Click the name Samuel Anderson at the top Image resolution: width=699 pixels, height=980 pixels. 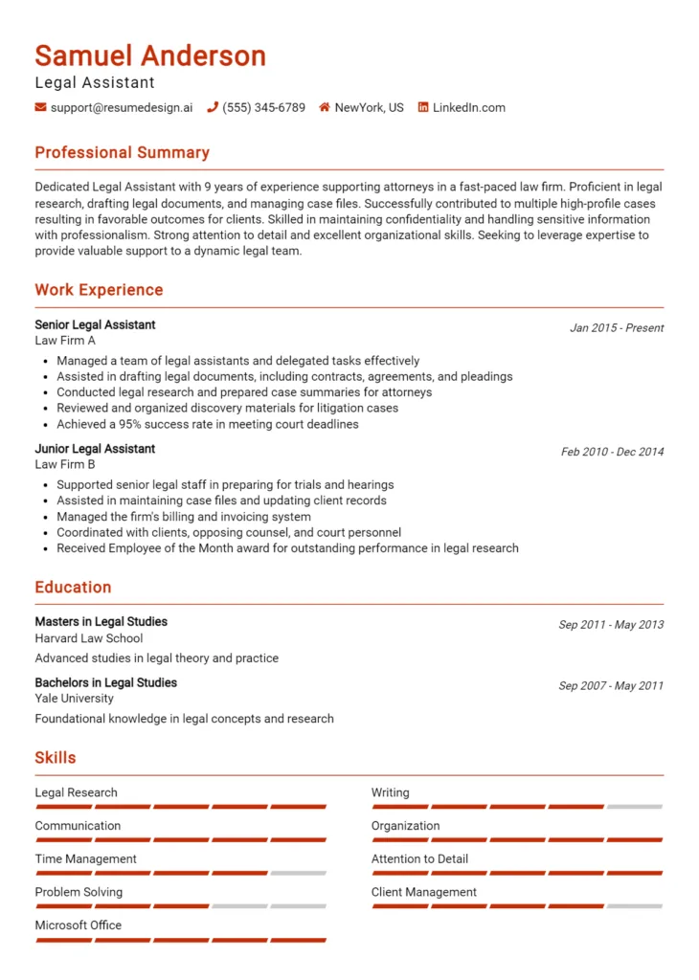pyautogui.click(x=150, y=56)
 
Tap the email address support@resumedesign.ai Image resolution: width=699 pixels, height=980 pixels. pyautogui.click(x=121, y=108)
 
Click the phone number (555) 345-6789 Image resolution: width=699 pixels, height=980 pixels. pyautogui.click(x=263, y=108)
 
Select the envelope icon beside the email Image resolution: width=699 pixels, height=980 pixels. pyautogui.click(x=40, y=108)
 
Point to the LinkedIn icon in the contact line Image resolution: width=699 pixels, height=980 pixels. pyautogui.click(x=423, y=108)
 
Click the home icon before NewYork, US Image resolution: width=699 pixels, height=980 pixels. pyautogui.click(x=325, y=108)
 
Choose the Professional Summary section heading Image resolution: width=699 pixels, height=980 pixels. pyautogui.click(x=122, y=153)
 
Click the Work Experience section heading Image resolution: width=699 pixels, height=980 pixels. pyautogui.click(x=99, y=290)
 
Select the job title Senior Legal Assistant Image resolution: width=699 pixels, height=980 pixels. pyautogui.click(x=95, y=325)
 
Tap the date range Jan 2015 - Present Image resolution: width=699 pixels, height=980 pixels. pyautogui.click(x=617, y=328)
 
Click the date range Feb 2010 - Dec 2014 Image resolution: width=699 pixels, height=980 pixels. pyautogui.click(x=612, y=452)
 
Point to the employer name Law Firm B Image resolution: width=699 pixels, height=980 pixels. pyautogui.click(x=65, y=465)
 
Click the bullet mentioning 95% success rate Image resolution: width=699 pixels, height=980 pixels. pyautogui.click(x=207, y=424)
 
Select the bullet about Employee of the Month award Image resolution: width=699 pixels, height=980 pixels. pyautogui.click(x=287, y=548)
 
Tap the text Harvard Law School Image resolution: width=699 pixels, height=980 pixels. pyautogui.click(x=89, y=638)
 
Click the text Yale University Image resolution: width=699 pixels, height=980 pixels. pyautogui.click(x=75, y=699)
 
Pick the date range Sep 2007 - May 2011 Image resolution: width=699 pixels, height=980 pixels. pyautogui.click(x=611, y=686)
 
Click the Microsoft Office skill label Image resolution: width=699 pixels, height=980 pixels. pyautogui.click(x=79, y=925)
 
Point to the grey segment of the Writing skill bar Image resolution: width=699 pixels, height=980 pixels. pyautogui.click(x=635, y=807)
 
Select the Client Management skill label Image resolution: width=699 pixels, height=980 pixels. pyautogui.click(x=424, y=892)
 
